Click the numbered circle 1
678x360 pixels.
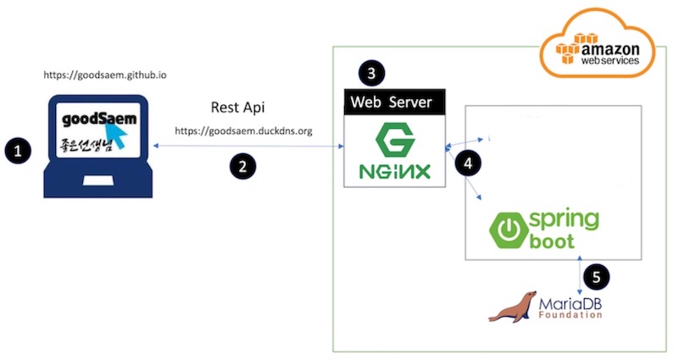point(18,151)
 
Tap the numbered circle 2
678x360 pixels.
point(242,166)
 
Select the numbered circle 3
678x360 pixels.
point(371,73)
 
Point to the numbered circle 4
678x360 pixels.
point(468,163)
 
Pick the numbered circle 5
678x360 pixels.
point(597,277)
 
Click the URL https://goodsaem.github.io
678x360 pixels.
point(105,75)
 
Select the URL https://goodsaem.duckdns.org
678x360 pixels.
point(243,131)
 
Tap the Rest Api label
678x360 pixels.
point(237,108)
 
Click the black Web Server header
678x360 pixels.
point(394,102)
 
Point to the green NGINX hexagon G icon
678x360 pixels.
point(395,139)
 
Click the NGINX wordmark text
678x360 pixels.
point(395,172)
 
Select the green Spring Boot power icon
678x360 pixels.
point(508,230)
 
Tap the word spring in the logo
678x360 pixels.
point(564,220)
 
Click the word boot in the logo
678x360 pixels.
point(552,241)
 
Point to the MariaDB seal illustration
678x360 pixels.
point(513,307)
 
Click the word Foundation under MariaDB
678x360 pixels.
point(570,314)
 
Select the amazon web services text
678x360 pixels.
point(609,54)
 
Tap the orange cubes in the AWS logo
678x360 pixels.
point(570,48)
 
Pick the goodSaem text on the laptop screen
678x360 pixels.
point(99,119)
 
